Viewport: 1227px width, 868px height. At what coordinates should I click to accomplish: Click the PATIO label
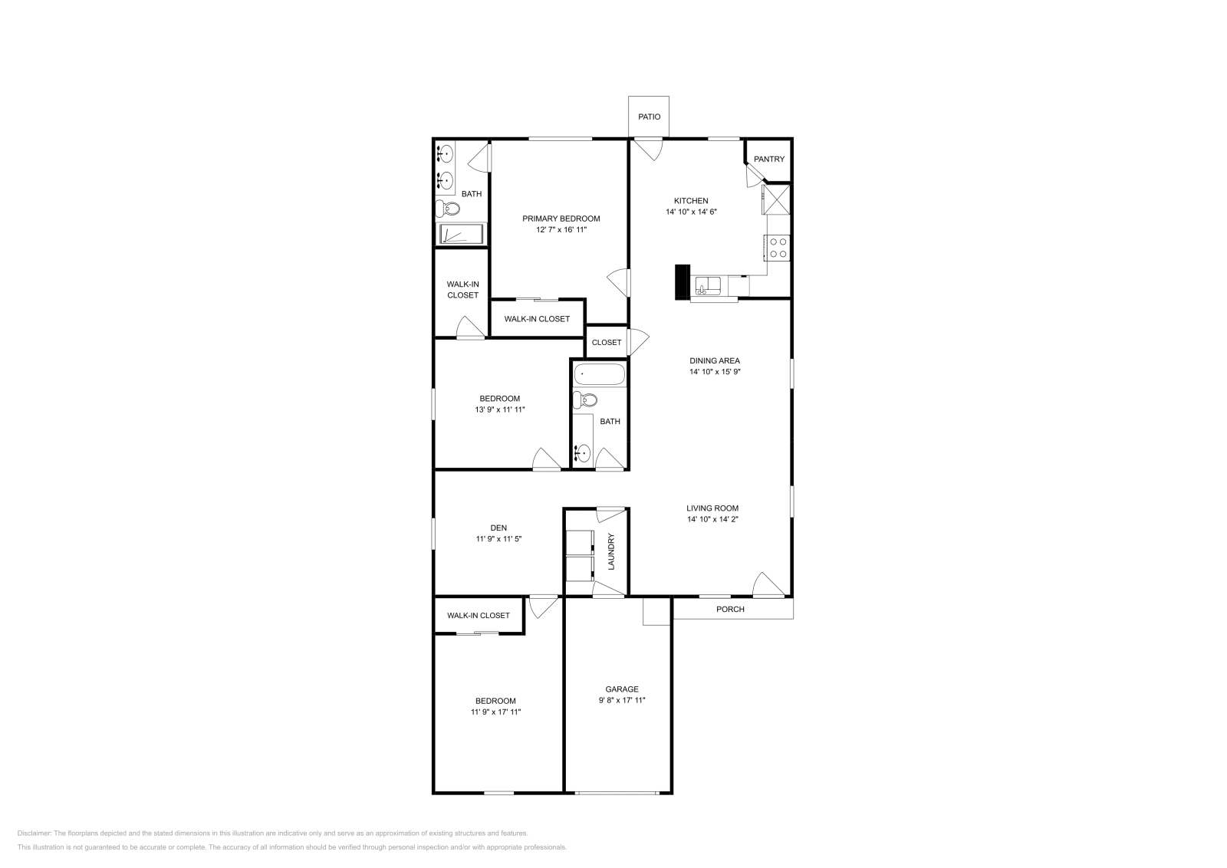649,117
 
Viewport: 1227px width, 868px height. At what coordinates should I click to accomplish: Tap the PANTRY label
768,159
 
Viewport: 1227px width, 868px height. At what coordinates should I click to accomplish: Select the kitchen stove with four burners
778,247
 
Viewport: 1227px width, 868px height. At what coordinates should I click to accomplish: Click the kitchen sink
708,287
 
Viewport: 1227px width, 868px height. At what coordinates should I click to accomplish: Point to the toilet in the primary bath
447,208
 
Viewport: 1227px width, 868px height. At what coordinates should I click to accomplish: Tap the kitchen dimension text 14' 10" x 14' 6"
691,212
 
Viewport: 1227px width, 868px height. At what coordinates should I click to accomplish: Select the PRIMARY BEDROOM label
561,219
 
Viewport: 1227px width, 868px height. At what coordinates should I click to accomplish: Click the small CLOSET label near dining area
606,343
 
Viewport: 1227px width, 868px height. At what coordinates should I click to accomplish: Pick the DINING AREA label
714,360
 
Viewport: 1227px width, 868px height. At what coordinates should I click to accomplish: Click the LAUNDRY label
611,552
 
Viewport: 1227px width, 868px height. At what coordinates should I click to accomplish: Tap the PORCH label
729,610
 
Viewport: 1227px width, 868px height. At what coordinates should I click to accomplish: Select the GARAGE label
621,689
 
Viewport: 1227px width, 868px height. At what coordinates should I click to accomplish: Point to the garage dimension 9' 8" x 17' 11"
621,700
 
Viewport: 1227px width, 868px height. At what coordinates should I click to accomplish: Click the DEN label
498,528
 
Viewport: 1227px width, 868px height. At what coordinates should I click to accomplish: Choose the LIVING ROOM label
712,508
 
